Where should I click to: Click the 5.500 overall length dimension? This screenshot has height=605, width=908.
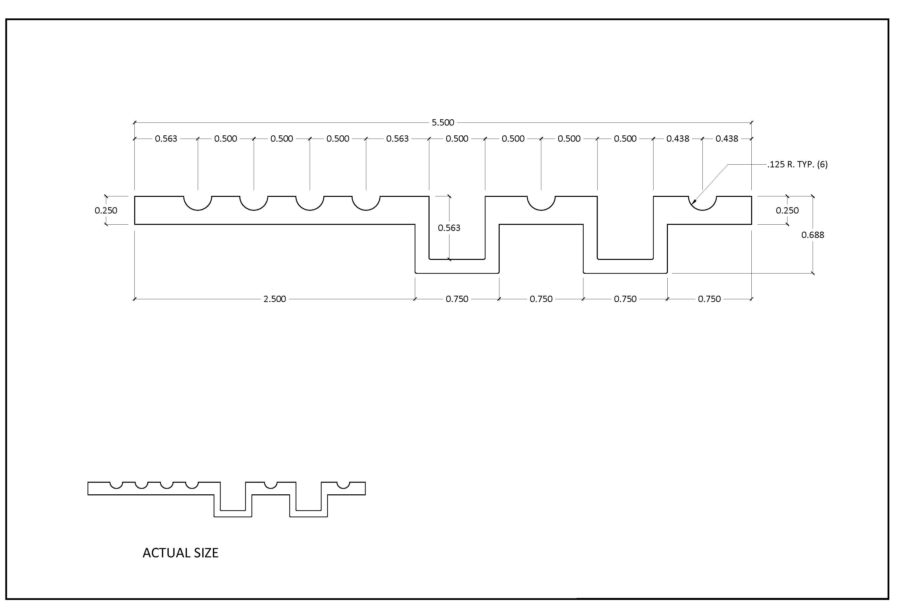[x=443, y=123]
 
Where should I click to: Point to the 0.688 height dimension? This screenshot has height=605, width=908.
[x=813, y=235]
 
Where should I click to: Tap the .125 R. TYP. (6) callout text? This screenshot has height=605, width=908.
[x=797, y=164]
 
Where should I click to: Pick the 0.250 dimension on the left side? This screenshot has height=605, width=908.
[x=106, y=210]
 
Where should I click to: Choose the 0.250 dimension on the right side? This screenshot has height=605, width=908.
[x=787, y=210]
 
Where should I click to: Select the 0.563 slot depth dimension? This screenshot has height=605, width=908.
[x=449, y=228]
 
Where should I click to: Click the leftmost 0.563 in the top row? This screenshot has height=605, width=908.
[x=166, y=138]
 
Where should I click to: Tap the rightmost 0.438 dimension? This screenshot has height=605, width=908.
[x=727, y=138]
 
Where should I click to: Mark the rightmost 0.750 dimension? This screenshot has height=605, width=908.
[x=709, y=299]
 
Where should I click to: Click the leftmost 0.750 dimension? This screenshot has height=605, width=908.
[x=457, y=299]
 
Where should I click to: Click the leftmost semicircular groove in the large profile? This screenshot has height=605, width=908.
[x=198, y=210]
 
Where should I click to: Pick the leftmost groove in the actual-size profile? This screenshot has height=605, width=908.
[x=117, y=488]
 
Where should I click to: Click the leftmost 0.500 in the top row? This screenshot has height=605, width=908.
[x=225, y=138]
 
